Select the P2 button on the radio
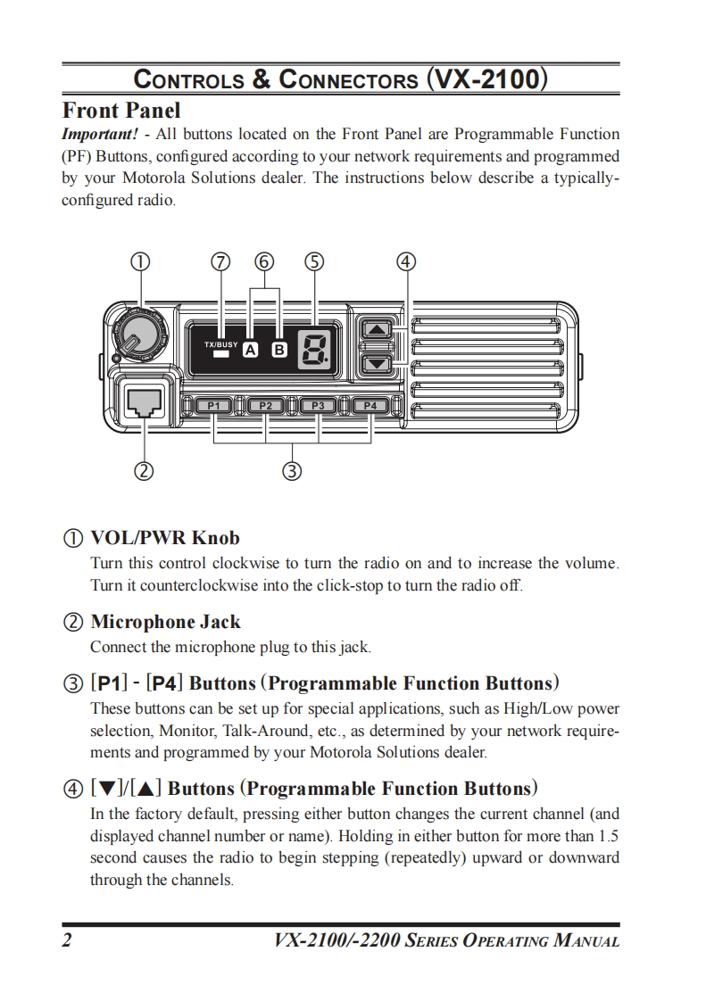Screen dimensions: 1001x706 (x=265, y=406)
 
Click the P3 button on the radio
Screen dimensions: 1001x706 (x=318, y=406)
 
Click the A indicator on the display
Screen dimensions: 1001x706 (x=251, y=351)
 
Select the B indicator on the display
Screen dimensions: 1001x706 (x=278, y=351)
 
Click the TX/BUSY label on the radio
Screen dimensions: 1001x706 (x=220, y=343)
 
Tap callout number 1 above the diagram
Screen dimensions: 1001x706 (x=139, y=261)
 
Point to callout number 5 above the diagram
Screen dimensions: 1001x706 (x=313, y=261)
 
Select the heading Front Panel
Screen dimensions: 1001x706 (x=120, y=111)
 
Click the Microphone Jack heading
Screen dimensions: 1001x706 (x=165, y=622)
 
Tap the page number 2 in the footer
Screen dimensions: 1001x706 (x=67, y=940)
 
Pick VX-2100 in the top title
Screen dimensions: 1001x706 (x=486, y=79)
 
